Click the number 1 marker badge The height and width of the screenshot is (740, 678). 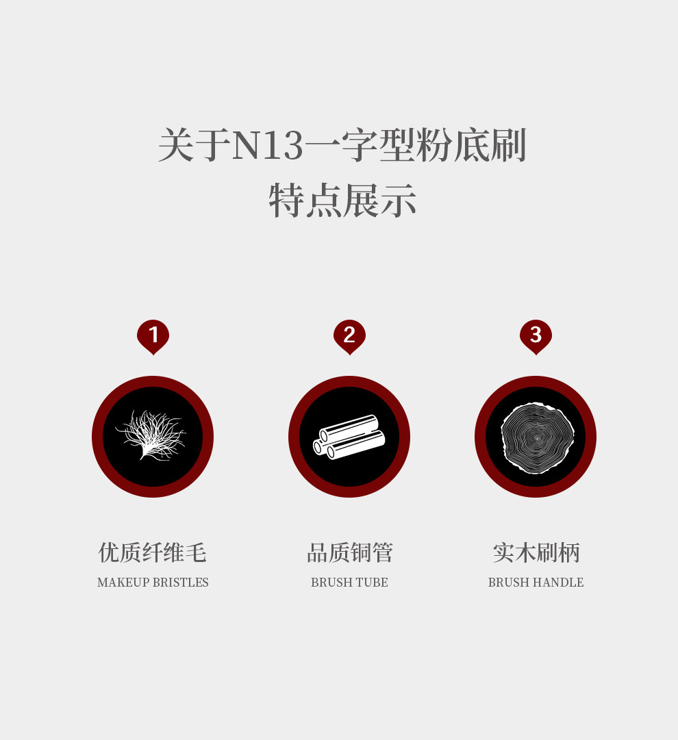[x=153, y=335]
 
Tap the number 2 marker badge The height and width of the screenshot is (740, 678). [x=349, y=335]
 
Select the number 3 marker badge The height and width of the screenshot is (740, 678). [x=536, y=335]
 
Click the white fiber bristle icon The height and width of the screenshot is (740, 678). [x=152, y=436]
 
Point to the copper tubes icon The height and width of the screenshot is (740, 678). [x=349, y=437]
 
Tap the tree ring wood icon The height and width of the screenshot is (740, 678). [x=536, y=437]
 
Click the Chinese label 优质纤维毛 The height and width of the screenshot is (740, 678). [x=153, y=552]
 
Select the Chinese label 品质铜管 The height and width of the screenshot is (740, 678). [x=349, y=552]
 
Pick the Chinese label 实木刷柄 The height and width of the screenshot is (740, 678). [x=536, y=552]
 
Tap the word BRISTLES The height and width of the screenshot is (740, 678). [x=181, y=583]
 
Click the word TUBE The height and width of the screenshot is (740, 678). [x=373, y=583]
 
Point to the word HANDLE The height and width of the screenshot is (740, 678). [x=560, y=583]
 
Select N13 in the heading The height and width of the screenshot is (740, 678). [x=267, y=146]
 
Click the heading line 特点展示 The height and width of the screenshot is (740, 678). [x=342, y=201]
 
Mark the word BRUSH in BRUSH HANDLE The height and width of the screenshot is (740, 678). [x=507, y=583]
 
